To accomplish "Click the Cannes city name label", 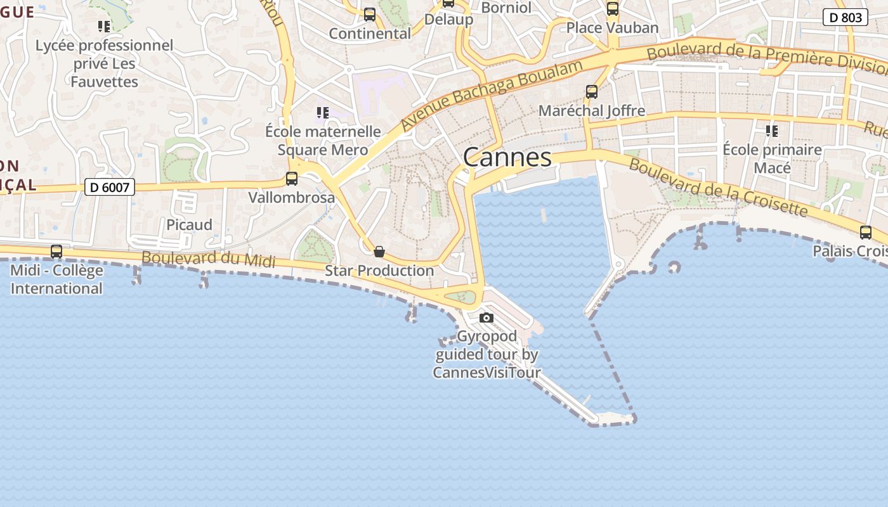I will click(507, 157).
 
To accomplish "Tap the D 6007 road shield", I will click(110, 187).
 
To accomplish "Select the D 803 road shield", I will click(846, 18).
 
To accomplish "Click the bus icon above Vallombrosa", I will click(292, 179).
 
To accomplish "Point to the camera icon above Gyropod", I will click(486, 318).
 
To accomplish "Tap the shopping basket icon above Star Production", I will click(379, 252).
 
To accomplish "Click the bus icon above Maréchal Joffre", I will click(592, 92).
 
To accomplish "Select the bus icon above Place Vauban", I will click(613, 9).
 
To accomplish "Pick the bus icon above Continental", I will click(370, 14).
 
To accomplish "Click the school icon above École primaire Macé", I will click(772, 131).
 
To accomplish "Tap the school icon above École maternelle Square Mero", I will click(323, 113).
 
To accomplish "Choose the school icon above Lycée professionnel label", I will click(104, 27).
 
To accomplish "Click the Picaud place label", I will click(189, 225).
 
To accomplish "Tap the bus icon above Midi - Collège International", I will click(56, 252).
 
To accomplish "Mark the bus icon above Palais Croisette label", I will click(866, 233).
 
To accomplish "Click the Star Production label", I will click(379, 271).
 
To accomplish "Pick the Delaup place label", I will click(448, 19).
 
